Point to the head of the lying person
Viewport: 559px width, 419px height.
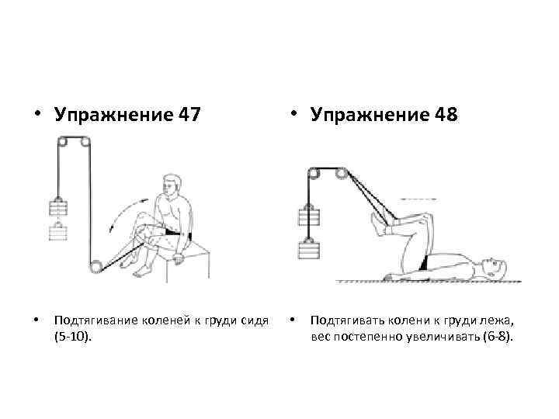point(495,268)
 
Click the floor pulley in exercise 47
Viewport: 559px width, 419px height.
point(95,267)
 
